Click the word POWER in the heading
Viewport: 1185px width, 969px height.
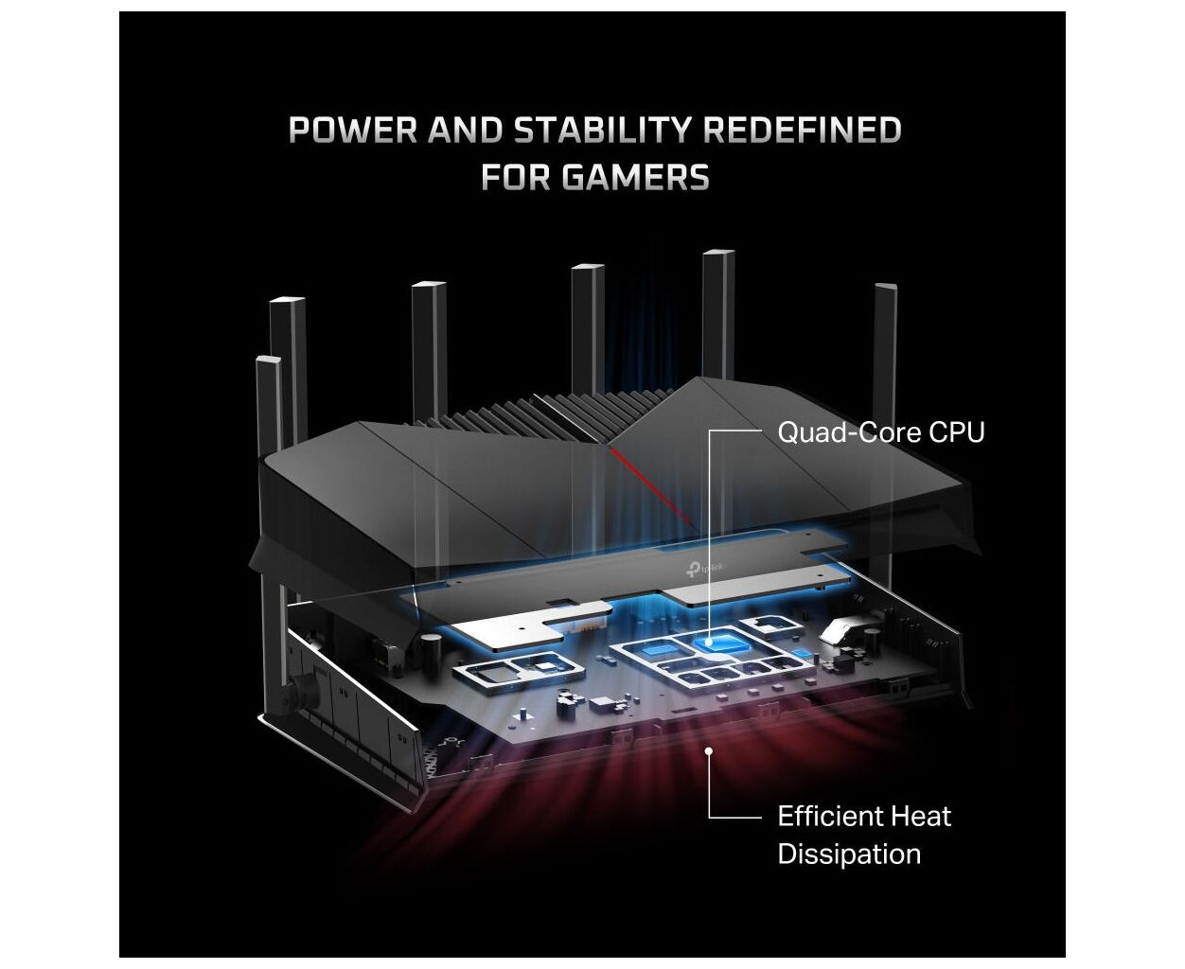352,131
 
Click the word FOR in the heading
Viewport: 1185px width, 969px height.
516,177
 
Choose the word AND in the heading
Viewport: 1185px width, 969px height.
465,131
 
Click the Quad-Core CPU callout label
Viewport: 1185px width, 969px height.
880,432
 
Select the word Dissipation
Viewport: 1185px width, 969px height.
848,854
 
